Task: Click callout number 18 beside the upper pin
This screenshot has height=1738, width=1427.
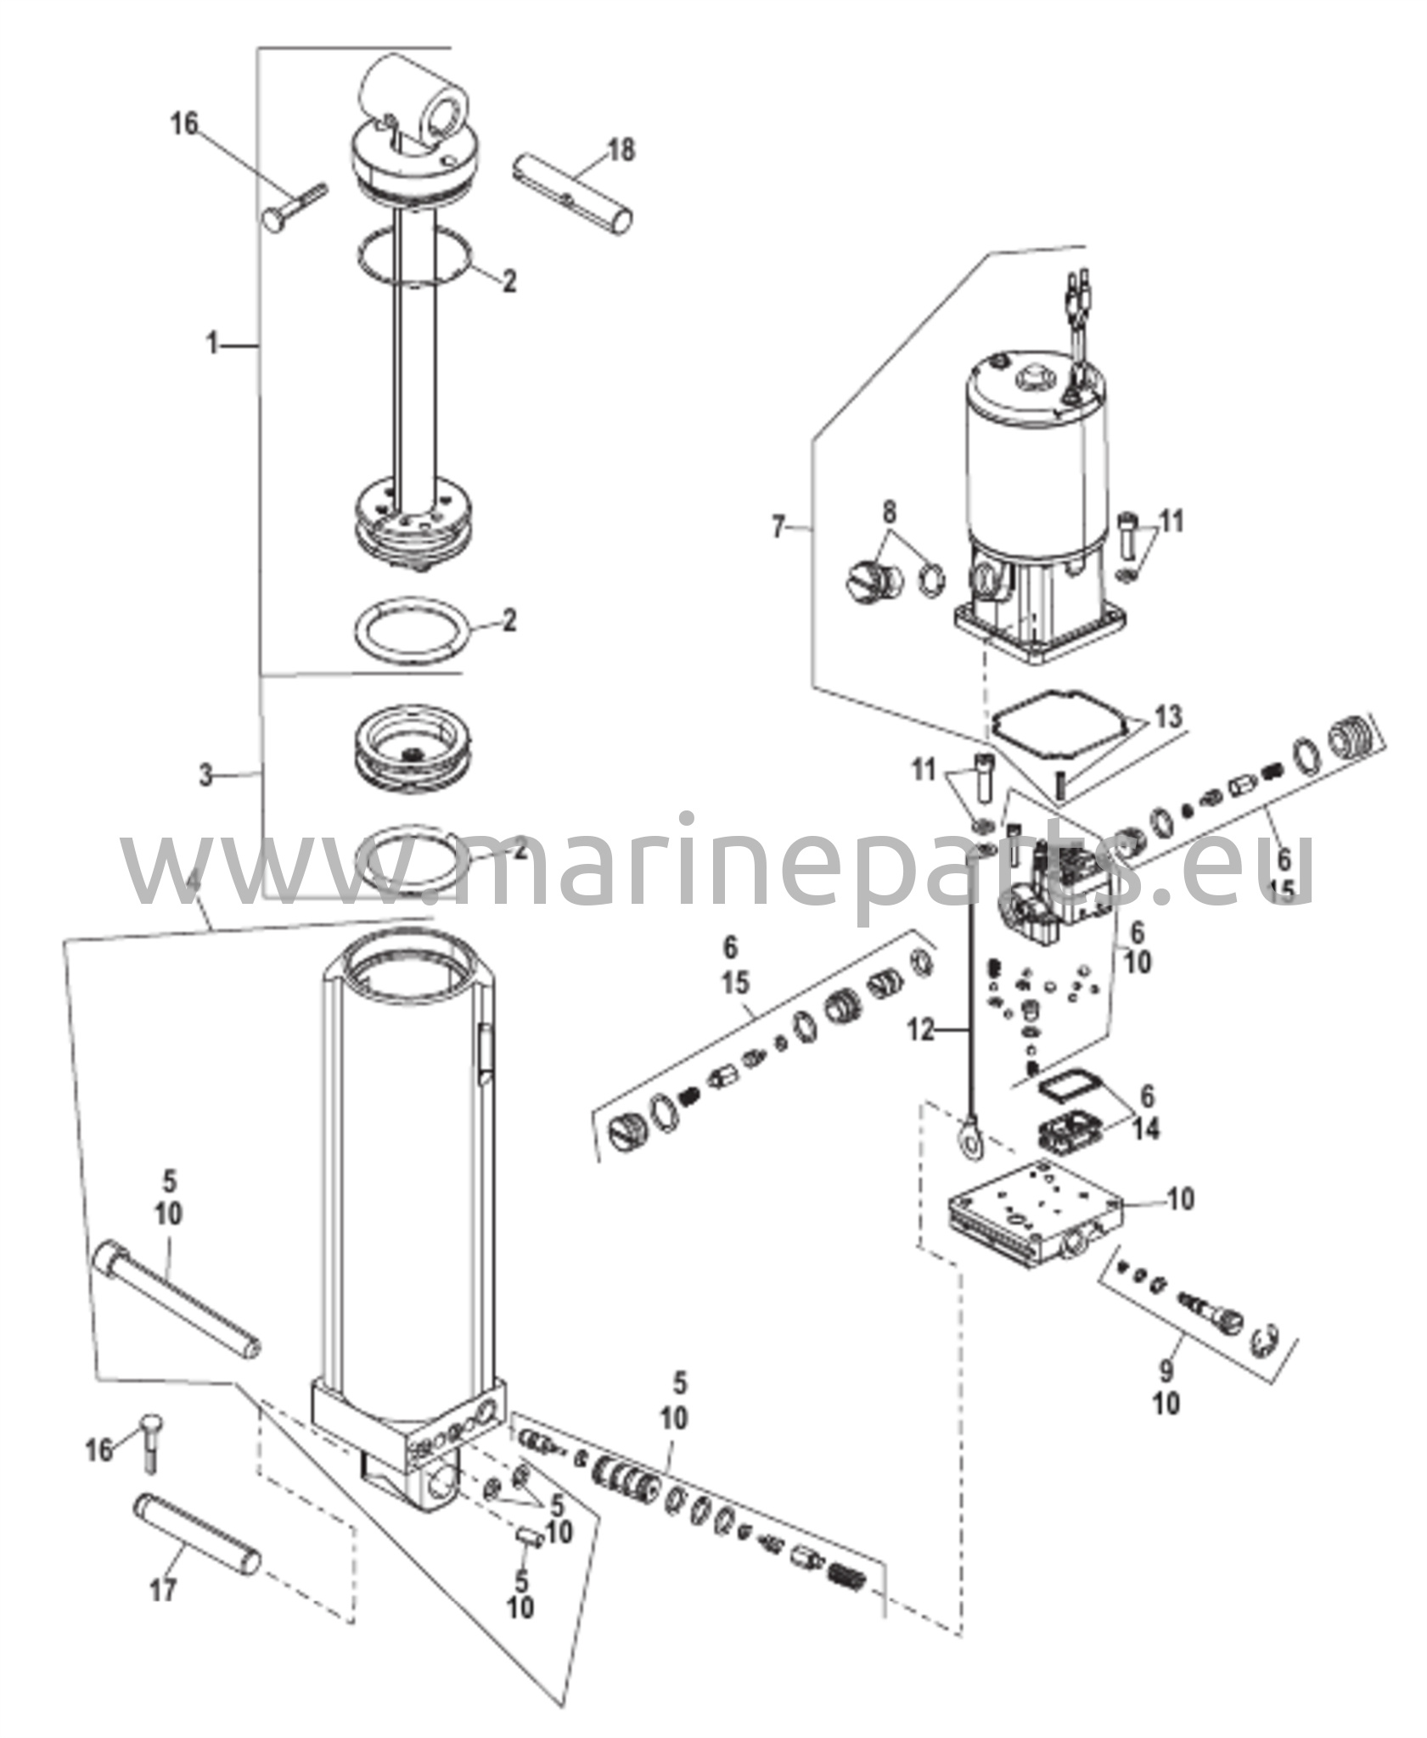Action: pos(621,151)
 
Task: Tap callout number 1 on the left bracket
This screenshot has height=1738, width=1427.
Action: pos(212,345)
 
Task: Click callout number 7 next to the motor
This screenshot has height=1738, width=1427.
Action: pos(779,527)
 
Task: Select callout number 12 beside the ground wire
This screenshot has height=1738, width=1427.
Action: pos(920,1031)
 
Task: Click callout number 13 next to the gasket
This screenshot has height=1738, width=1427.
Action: pos(1168,716)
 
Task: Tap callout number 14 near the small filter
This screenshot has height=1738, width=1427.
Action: pos(1146,1129)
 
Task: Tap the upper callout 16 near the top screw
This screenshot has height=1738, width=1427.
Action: pos(183,124)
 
